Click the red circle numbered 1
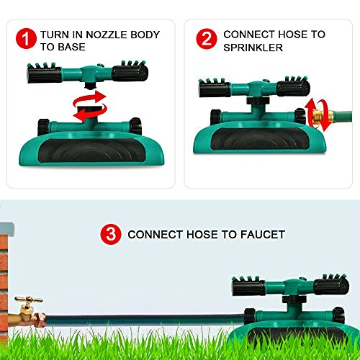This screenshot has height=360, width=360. [x=28, y=40]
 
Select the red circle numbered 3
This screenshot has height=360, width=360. [x=110, y=234]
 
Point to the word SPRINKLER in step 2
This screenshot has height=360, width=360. [x=253, y=47]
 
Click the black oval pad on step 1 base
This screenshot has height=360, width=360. [x=91, y=144]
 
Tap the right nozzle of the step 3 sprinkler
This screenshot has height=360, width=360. [x=331, y=286]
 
